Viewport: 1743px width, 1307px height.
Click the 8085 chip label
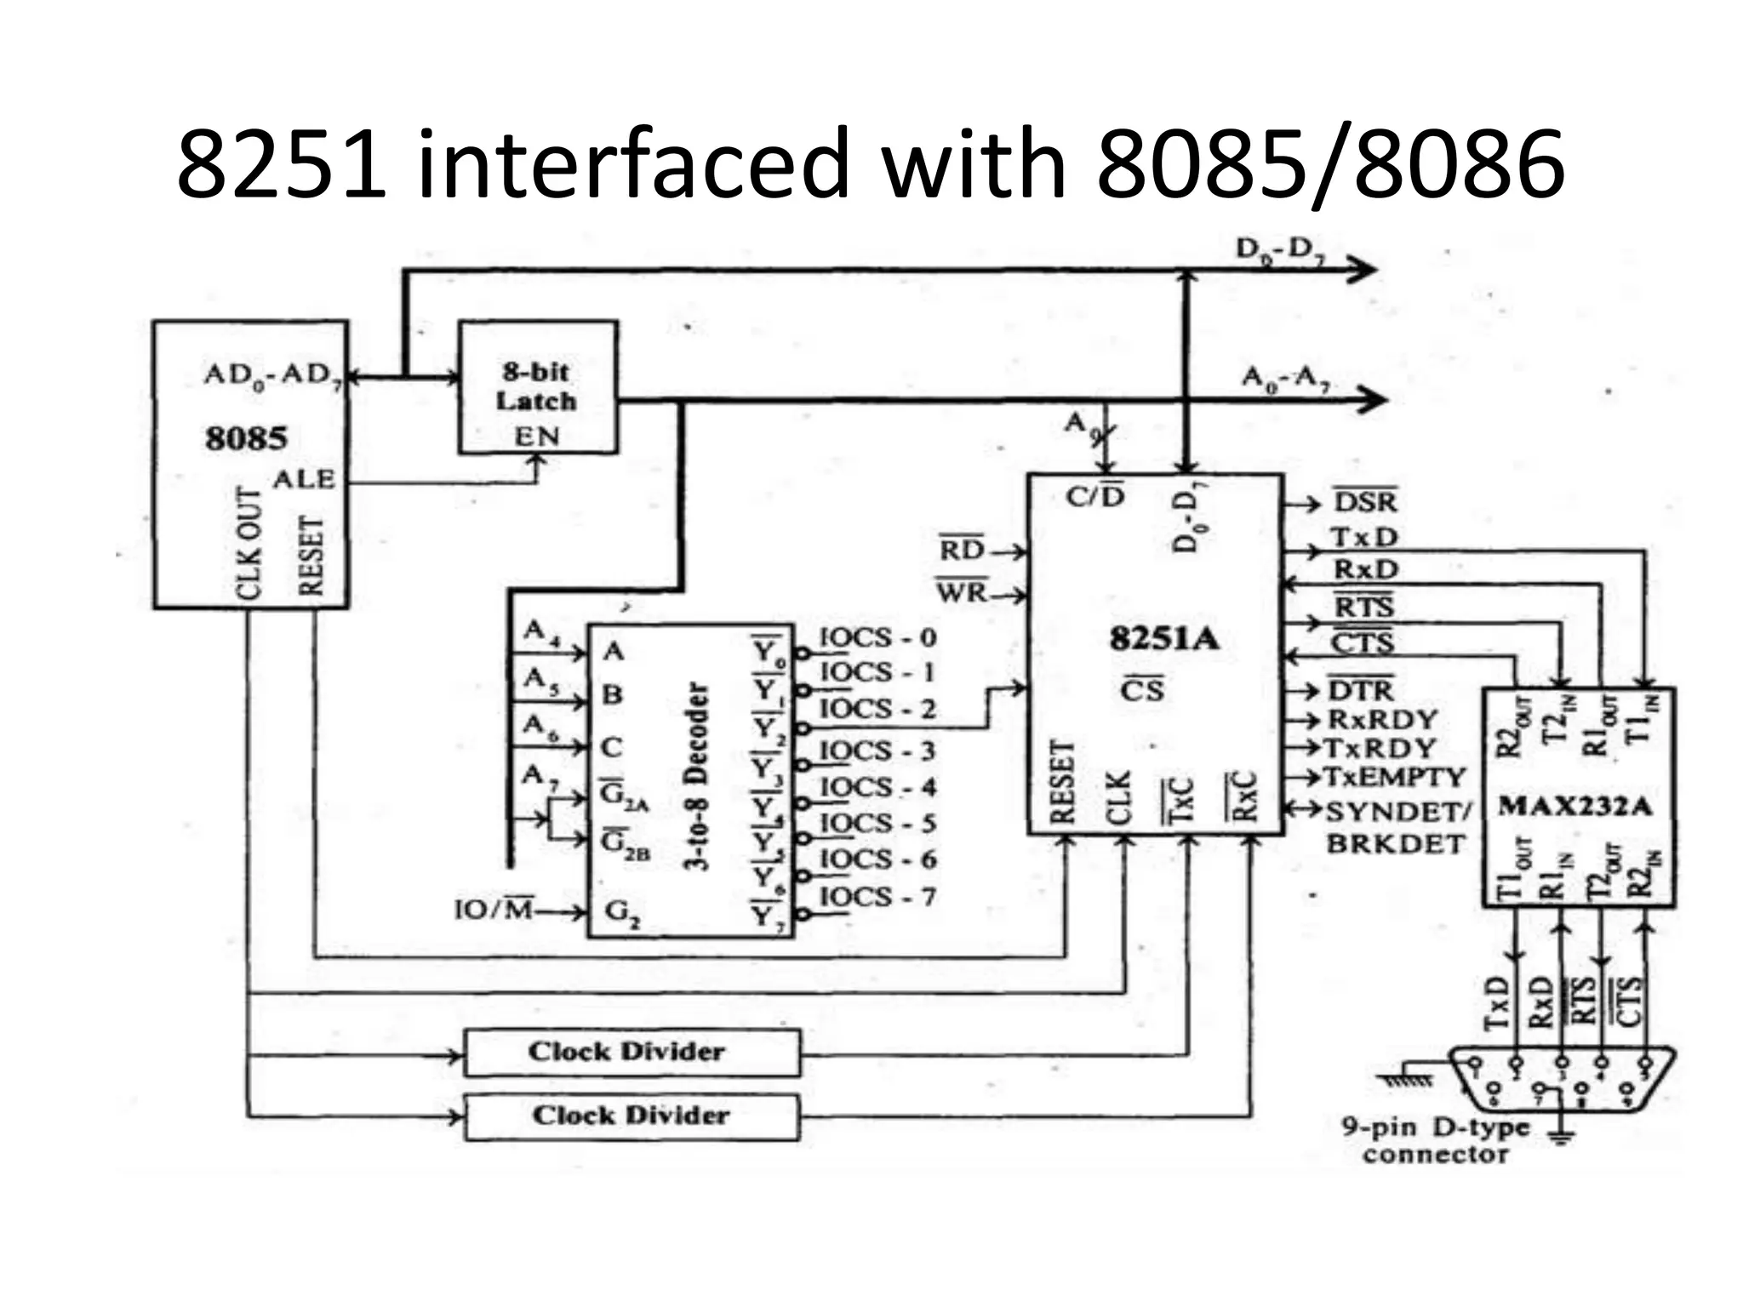click(x=246, y=439)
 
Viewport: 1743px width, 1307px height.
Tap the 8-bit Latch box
click(x=537, y=387)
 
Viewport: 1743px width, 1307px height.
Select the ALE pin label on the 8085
click(x=303, y=479)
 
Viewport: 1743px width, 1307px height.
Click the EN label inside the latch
click(x=536, y=437)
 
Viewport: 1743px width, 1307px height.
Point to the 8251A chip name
click(x=1163, y=638)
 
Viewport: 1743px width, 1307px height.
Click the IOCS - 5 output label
click(x=877, y=824)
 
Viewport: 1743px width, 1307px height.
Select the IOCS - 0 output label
click(x=877, y=637)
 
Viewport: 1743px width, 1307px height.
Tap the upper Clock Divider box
click(x=631, y=1053)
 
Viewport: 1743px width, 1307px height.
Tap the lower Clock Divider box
click(x=631, y=1116)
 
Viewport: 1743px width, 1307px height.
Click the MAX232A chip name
click(x=1574, y=805)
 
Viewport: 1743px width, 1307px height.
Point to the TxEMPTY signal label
click(x=1394, y=777)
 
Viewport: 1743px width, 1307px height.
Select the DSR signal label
click(x=1365, y=503)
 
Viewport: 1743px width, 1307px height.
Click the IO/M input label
click(x=493, y=910)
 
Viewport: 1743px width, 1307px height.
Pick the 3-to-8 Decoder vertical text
click(x=696, y=776)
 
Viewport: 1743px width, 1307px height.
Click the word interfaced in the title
click(x=633, y=163)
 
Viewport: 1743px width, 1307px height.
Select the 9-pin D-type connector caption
click(x=1435, y=1141)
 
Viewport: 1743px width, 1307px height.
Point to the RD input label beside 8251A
click(x=962, y=551)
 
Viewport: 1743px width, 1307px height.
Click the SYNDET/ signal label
click(x=1397, y=812)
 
